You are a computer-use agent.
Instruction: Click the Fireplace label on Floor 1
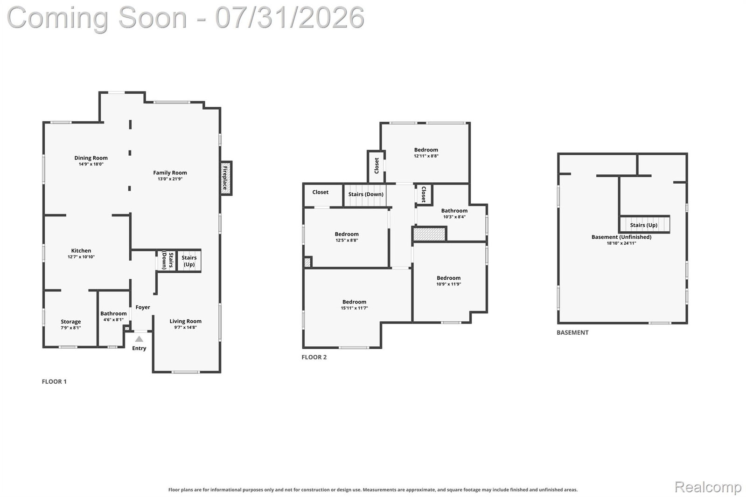tap(225, 178)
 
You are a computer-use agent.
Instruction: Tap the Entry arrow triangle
tap(139, 339)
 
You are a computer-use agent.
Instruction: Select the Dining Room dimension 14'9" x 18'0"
tap(91, 164)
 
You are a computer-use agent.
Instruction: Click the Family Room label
tap(170, 173)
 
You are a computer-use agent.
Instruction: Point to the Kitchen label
tap(81, 251)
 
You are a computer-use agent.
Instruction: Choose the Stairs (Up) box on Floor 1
tap(189, 261)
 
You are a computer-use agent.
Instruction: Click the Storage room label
tap(70, 322)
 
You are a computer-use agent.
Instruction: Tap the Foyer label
tap(143, 307)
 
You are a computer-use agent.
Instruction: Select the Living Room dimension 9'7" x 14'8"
tap(186, 327)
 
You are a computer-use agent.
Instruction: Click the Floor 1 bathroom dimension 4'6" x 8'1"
tap(113, 319)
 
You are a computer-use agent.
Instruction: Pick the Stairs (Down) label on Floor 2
tap(366, 194)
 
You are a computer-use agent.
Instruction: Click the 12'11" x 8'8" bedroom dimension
tap(426, 156)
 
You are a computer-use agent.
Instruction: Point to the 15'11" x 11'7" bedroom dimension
tap(354, 308)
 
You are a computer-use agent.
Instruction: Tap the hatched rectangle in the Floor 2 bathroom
tap(429, 234)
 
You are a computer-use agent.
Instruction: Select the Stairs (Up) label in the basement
tap(643, 225)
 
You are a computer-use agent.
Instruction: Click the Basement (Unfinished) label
tap(621, 237)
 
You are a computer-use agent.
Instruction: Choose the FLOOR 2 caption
tap(314, 357)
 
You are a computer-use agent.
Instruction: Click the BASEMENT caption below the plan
tap(572, 332)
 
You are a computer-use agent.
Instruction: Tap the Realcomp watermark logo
tap(708, 487)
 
